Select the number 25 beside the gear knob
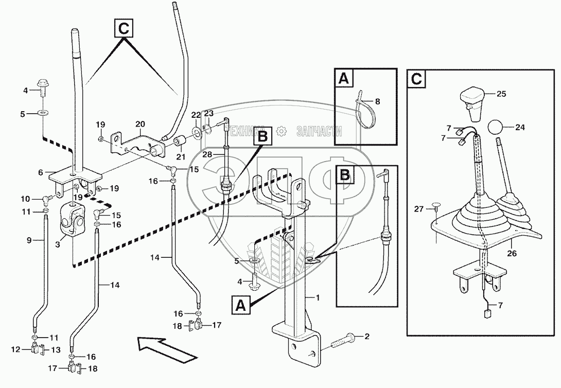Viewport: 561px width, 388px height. point(502,94)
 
